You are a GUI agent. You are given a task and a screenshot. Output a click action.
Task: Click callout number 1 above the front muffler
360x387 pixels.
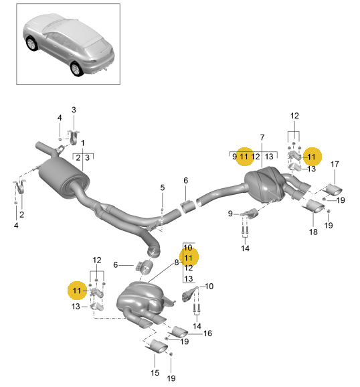pyautogui.click(x=83, y=143)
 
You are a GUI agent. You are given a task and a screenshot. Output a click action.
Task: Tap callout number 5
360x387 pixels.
pyautogui.click(x=163, y=187)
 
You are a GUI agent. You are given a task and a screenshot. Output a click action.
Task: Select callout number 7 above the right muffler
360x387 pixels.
pyautogui.click(x=262, y=137)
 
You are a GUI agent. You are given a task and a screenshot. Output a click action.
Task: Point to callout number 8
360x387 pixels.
pyautogui.click(x=177, y=262)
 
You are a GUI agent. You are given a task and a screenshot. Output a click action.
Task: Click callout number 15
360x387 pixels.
pyautogui.click(x=155, y=373)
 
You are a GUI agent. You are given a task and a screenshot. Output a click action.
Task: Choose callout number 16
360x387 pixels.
pyautogui.click(x=207, y=333)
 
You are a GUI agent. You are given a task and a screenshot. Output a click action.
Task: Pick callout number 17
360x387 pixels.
pyautogui.click(x=335, y=164)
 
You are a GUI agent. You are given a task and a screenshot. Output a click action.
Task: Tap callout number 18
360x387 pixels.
pyautogui.click(x=313, y=232)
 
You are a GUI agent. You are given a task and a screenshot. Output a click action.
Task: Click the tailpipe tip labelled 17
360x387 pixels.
pyautogui.click(x=333, y=189)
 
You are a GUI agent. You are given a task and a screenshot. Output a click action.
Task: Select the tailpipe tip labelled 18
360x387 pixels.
pyautogui.click(x=314, y=206)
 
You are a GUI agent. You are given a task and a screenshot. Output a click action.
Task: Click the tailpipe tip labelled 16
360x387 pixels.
pyautogui.click(x=178, y=331)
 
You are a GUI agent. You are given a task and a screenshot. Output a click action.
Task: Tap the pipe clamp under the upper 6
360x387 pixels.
pyautogui.click(x=188, y=206)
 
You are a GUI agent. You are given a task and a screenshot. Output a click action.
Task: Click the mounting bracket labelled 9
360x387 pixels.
pyautogui.click(x=250, y=213)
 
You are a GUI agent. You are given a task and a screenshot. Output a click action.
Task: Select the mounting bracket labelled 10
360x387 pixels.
pyautogui.click(x=190, y=294)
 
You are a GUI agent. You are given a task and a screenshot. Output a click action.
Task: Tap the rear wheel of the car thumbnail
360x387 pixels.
pyautogui.click(x=76, y=68)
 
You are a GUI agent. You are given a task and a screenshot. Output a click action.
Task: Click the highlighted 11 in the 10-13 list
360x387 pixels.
pyautogui.click(x=188, y=258)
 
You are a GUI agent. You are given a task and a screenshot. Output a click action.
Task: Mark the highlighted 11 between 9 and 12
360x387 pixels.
pyautogui.click(x=244, y=157)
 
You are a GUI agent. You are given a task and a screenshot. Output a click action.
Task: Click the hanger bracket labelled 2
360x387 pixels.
pyautogui.click(x=19, y=186)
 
